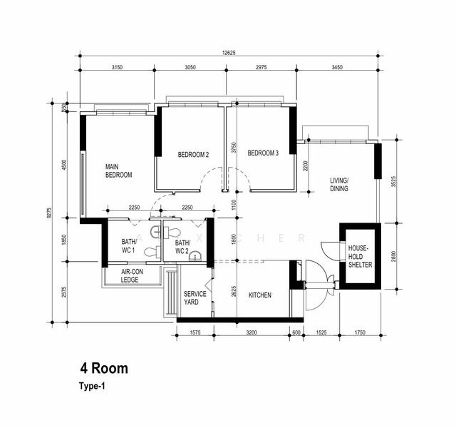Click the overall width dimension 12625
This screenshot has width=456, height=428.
pos(228,51)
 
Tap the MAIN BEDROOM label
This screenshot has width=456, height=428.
pos(118,170)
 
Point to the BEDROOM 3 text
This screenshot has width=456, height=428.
pos(263,153)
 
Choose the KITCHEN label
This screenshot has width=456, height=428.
pos(259,294)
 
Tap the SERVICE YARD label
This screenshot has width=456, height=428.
pos(195,298)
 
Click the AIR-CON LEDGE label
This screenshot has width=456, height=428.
pos(129,276)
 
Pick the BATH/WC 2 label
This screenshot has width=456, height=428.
pos(176,247)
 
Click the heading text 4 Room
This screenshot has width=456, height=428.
pos(104,369)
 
